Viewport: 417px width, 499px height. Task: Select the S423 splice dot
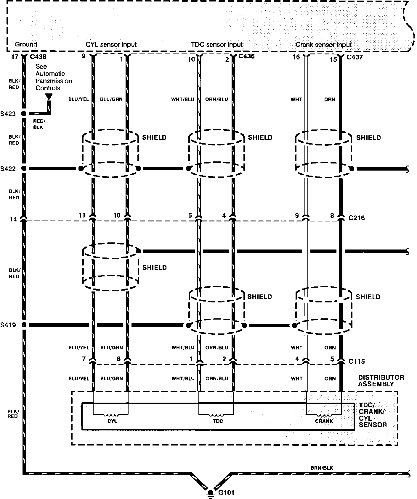pos(24,114)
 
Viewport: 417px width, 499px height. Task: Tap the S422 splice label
pos(8,169)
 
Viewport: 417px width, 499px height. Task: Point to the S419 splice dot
pos(24,325)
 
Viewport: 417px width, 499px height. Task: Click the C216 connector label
pos(357,218)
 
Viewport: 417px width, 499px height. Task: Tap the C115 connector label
pos(357,361)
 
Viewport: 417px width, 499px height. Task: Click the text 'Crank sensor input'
pos(323,45)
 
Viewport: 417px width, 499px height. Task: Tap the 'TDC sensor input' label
pos(216,45)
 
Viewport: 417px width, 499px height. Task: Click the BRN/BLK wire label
pos(322,468)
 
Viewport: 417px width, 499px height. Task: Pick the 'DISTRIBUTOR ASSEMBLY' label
pos(381,381)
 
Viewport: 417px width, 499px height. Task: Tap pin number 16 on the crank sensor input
pos(296,57)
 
